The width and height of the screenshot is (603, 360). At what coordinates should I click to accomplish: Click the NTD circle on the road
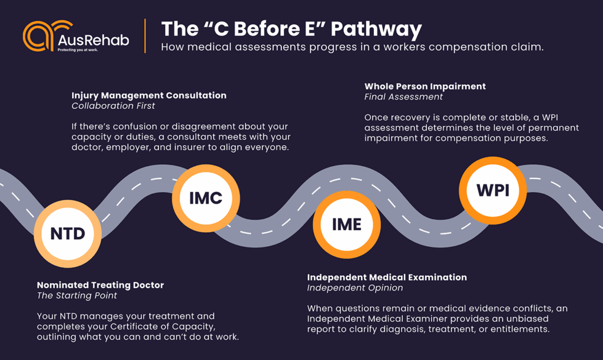(68, 233)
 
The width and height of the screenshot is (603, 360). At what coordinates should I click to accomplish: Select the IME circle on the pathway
(346, 224)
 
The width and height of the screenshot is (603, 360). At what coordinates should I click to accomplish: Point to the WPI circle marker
(493, 190)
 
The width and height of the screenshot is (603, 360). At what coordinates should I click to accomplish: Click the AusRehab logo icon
(38, 37)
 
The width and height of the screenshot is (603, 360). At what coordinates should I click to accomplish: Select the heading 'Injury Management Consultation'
(149, 95)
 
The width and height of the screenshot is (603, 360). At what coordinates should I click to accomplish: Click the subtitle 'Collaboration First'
(113, 106)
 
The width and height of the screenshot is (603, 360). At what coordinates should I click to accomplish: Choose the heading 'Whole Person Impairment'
(425, 86)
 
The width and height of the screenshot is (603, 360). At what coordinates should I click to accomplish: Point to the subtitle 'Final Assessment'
(403, 97)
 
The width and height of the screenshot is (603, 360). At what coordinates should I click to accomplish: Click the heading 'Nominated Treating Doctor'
(101, 285)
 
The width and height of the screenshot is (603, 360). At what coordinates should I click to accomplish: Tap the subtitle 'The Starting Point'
(77, 296)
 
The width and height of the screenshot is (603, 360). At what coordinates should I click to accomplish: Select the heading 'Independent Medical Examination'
(387, 278)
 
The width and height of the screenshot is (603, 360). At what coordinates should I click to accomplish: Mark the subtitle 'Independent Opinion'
(355, 288)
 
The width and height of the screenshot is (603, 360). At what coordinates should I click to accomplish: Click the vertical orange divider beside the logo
(145, 36)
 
